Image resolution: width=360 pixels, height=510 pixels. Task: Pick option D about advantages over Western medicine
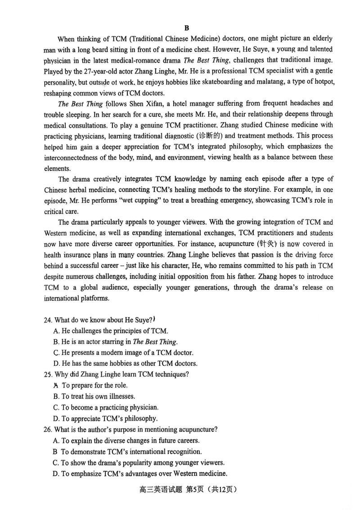(139, 474)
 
